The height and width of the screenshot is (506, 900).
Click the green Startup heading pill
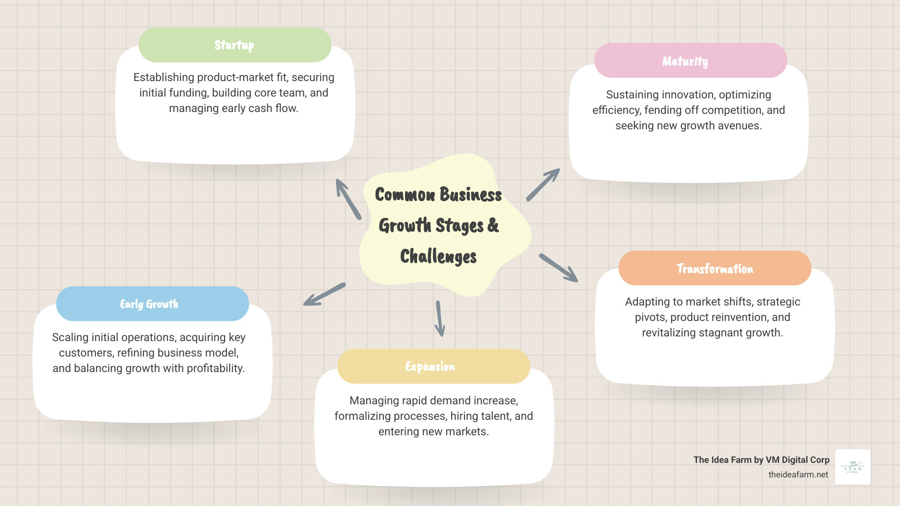pos(235,45)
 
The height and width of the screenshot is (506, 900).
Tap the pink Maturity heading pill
pos(690,61)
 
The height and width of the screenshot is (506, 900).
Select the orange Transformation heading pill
pos(714,268)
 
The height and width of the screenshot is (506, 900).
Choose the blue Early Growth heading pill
pos(152,304)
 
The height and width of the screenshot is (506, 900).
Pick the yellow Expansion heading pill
pos(433,366)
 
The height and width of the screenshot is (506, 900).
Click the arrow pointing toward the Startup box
pos(348,199)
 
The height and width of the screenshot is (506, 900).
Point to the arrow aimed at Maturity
pos(543,185)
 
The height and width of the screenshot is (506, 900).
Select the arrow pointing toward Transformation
pos(559,268)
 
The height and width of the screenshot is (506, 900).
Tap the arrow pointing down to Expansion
pos(440,319)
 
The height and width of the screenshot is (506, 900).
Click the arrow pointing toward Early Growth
pos(324,294)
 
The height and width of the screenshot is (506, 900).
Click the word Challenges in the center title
pos(438,257)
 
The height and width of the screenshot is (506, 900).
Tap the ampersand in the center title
pos(493,225)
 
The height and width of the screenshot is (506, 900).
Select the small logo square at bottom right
pos(853,467)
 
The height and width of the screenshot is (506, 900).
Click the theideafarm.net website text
pos(798,475)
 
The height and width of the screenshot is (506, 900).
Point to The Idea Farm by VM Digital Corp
pos(761,460)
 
